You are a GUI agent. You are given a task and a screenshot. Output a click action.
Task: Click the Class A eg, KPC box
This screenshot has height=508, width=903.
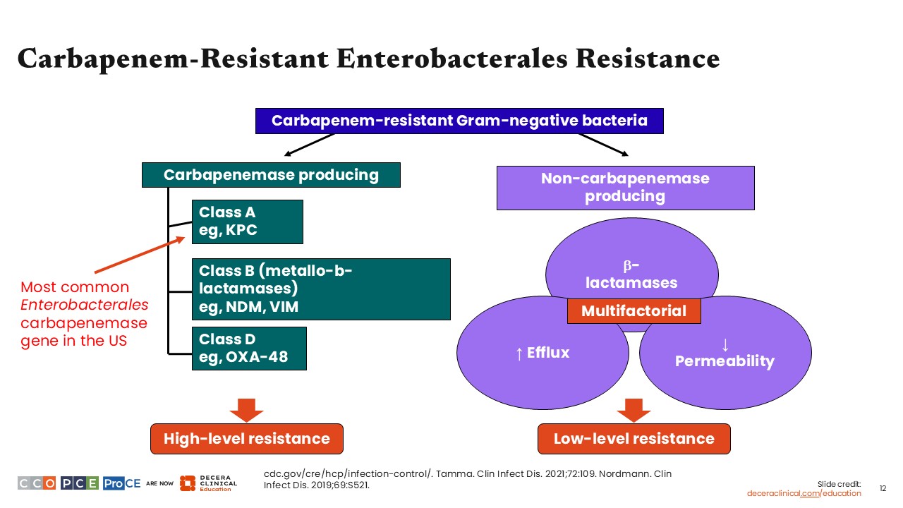coord(247,222)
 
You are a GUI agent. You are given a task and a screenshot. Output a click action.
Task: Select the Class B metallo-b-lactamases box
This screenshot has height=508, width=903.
coord(321,289)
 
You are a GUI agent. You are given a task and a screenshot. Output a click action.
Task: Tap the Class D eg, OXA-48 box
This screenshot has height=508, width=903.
coord(250,348)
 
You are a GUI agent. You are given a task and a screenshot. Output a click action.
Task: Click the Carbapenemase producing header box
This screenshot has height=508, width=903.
coord(271,175)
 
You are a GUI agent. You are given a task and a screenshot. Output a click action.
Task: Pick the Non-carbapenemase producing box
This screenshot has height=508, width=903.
coord(625,188)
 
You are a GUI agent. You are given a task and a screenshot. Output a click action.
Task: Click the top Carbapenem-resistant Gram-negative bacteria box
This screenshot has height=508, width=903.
coord(459,121)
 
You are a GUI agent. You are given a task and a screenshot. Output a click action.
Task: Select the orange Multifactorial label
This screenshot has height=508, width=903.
coord(634,311)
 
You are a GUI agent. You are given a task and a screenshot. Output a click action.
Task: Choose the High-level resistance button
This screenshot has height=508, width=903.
coord(247,439)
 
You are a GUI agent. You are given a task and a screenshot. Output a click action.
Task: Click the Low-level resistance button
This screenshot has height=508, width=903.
coord(634,439)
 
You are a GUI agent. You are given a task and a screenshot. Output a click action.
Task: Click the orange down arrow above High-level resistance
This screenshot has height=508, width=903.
coord(247,410)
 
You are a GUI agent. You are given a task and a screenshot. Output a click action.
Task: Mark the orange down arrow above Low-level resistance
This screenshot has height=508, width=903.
coord(634,410)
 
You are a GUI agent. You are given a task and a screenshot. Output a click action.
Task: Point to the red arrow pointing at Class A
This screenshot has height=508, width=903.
coord(141,255)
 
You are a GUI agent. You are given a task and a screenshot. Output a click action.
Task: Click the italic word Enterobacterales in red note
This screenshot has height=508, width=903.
coord(85,306)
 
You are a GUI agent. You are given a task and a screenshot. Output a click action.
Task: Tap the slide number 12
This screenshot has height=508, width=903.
coord(883,488)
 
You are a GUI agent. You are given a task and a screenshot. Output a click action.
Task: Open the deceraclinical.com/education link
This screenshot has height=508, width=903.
coord(804,493)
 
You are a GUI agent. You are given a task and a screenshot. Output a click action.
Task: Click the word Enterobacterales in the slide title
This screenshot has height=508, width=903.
coord(451,59)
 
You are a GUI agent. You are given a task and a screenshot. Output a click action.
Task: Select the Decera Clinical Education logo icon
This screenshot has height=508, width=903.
coord(187,483)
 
